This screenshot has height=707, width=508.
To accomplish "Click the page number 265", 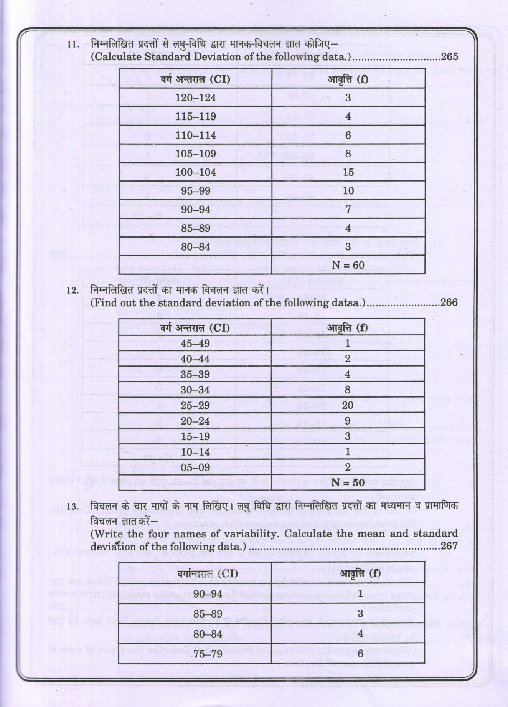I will coord(450,57).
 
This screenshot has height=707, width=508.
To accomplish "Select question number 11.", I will coord(73,44).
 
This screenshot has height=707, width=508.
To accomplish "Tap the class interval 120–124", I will coord(195,97).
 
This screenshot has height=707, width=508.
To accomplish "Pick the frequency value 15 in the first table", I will coord(348,172).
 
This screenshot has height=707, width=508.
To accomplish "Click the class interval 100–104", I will coord(195,172).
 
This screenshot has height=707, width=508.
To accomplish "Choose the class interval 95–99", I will coord(195,191).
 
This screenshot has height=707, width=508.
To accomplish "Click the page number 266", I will coord(449,302).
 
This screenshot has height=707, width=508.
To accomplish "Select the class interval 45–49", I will coord(195,343).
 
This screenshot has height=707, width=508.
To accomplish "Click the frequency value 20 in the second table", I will coord(348,405).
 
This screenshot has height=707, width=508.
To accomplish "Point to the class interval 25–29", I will coord(195,405).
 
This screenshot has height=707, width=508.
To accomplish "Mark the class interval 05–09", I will coord(195,467).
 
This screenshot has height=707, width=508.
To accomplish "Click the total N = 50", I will coord(348,482).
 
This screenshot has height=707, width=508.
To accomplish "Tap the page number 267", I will coord(449,546).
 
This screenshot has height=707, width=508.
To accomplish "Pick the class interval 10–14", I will coord(195,452).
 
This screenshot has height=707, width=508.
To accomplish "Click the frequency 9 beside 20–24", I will coord(348,421).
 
